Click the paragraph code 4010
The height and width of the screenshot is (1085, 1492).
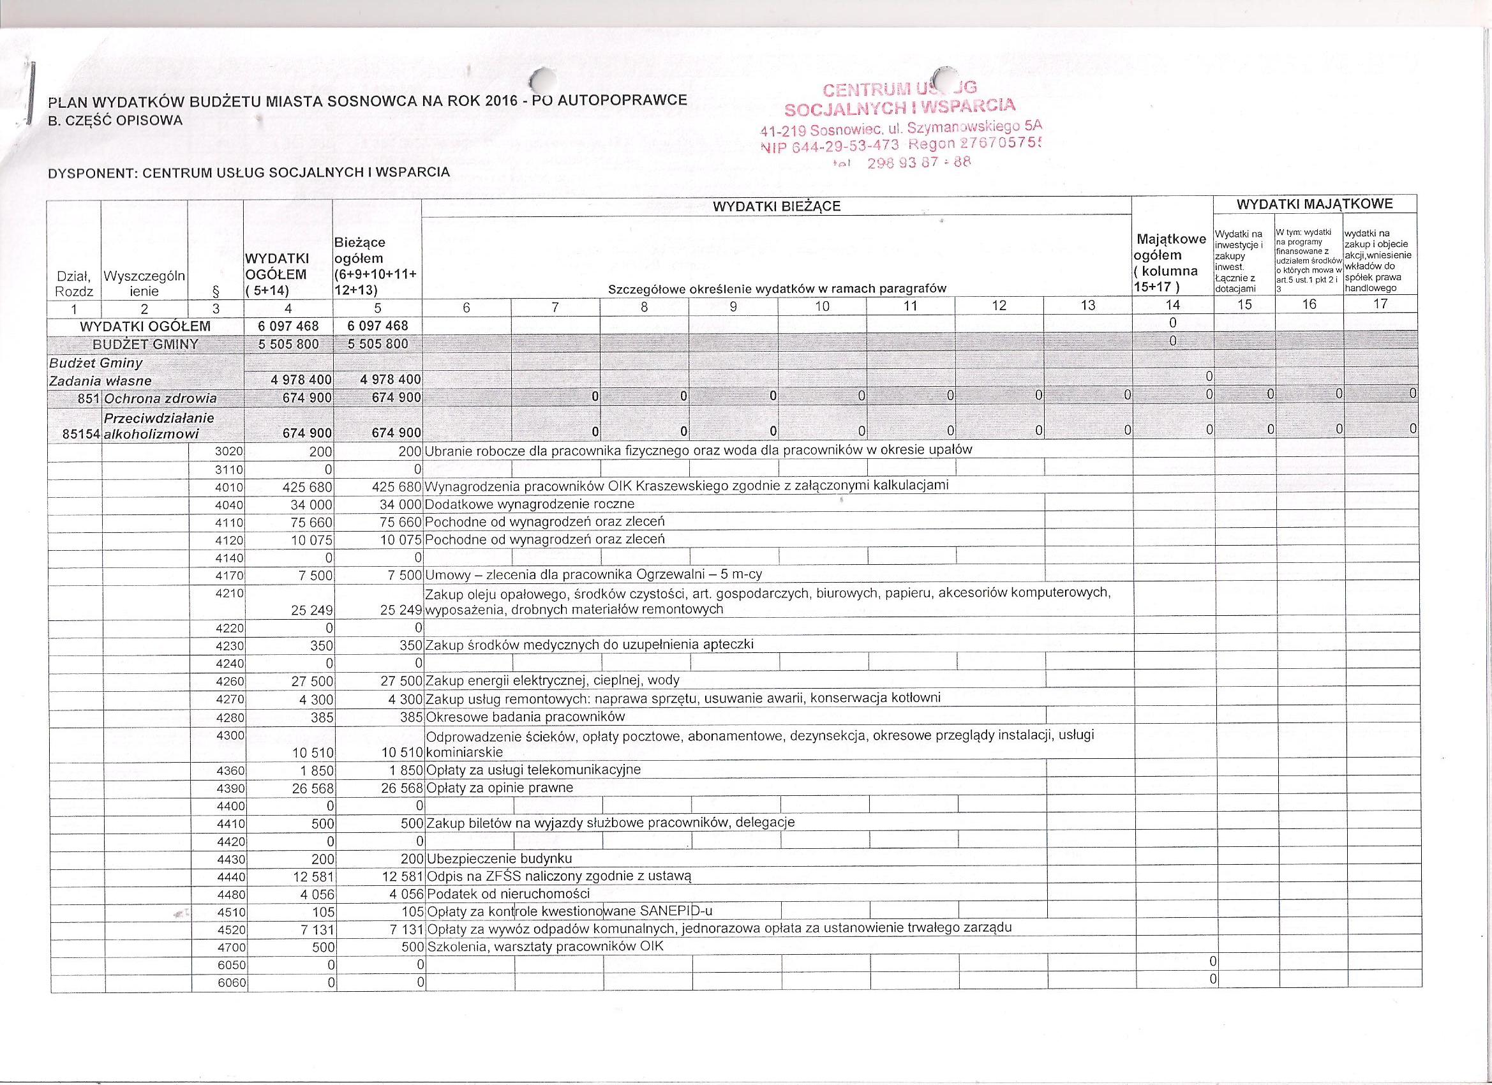tap(230, 488)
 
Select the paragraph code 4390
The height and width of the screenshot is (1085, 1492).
tap(230, 788)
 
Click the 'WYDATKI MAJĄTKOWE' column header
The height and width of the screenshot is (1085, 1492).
tap(1315, 204)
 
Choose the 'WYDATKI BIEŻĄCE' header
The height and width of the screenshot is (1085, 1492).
tap(777, 207)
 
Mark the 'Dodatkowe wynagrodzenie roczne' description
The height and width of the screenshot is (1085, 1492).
tap(530, 505)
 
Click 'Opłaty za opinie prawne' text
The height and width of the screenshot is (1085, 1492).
tap(500, 788)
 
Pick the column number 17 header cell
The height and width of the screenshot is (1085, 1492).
tap(1380, 304)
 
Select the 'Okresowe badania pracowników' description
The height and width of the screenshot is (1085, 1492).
tap(526, 717)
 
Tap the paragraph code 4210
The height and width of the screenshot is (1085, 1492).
tap(230, 593)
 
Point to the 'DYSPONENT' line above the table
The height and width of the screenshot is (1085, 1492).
tap(250, 173)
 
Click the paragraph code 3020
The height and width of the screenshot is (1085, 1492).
tap(230, 452)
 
